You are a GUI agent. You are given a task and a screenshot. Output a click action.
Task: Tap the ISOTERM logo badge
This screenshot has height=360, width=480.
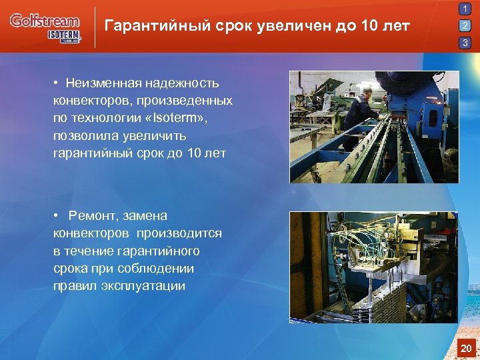coord(64,36)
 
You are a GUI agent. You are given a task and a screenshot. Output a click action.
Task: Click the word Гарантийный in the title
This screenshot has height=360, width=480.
coord(148,27)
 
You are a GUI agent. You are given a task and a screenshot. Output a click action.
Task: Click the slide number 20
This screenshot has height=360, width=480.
coord(466,348)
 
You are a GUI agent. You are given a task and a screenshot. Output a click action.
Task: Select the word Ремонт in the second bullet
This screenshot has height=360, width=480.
coord(94,216)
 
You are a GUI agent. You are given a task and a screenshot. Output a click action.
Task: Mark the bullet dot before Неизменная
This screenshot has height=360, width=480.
coord(59,83)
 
